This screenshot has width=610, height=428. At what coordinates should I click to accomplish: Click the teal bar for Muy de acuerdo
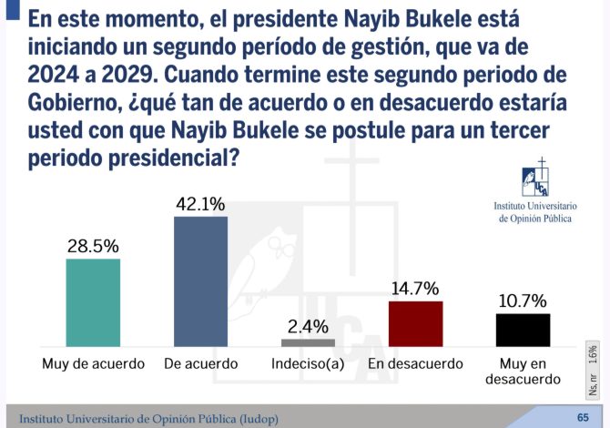coord(93,302)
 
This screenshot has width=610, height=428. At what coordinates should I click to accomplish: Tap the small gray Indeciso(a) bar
coord(308,343)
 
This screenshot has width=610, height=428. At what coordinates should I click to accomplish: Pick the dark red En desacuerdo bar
coord(415,323)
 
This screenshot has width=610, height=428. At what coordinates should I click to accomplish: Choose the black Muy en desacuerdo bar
coord(523,330)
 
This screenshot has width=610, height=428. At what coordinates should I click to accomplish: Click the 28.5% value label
coord(93,247)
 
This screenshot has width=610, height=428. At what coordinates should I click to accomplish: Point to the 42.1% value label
coord(200,204)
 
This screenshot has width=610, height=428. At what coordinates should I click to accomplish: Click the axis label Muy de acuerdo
coord(94,364)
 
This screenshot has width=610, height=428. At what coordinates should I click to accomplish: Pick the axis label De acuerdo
coord(200,364)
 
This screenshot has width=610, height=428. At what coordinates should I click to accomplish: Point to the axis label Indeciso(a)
coord(308,364)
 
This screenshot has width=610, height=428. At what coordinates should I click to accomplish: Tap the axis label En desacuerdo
coord(415,364)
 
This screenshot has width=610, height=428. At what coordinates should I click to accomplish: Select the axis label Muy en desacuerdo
coord(523,372)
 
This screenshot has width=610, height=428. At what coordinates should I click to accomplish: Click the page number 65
coord(583,417)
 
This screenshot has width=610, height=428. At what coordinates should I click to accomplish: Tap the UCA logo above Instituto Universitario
coord(535,179)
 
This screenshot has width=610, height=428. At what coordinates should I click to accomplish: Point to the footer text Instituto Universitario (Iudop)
coord(148,419)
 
